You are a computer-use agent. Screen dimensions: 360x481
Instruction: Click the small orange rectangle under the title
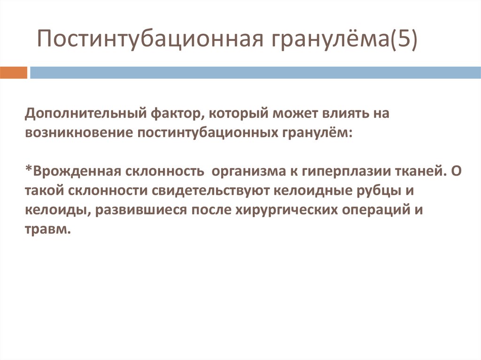[14, 73]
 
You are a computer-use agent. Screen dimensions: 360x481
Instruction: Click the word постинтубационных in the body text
[208, 133]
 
